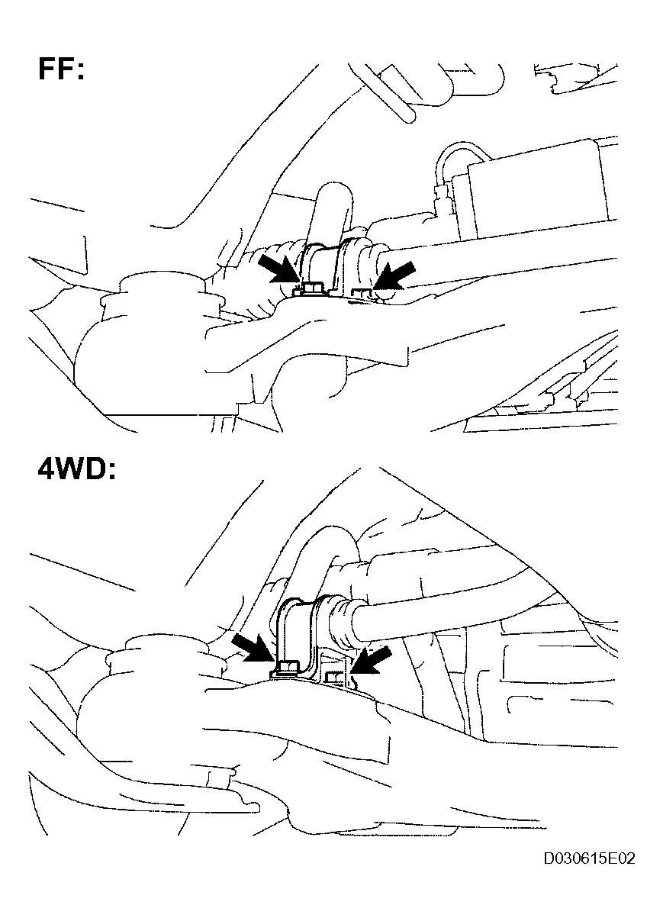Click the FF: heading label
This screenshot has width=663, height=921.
click(x=61, y=69)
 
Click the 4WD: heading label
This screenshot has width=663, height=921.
click(x=76, y=469)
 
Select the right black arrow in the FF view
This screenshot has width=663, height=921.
click(x=395, y=275)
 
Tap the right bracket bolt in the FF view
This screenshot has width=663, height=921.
click(x=362, y=295)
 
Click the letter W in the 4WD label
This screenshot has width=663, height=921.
click(x=71, y=469)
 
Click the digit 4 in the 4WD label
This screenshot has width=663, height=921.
click(x=46, y=469)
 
